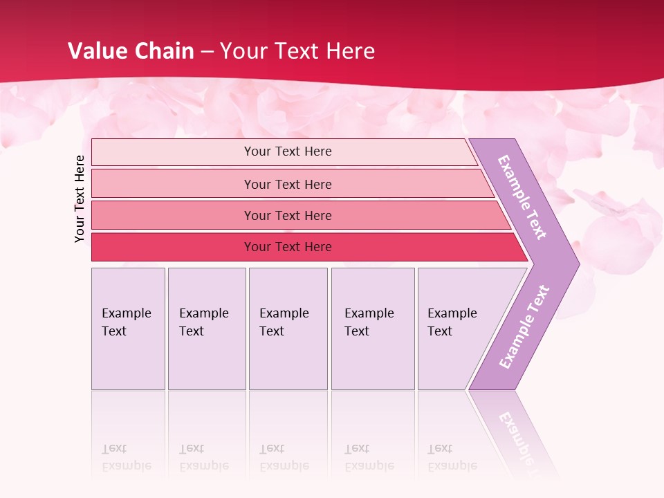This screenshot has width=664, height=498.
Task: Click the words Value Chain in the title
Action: click(x=131, y=51)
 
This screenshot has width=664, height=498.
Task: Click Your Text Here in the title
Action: click(x=297, y=51)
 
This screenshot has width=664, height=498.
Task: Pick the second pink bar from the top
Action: click(x=173, y=184)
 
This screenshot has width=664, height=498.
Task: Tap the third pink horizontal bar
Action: click(x=173, y=215)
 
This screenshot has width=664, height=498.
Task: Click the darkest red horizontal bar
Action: click(x=173, y=247)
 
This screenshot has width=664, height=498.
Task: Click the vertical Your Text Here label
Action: click(x=80, y=199)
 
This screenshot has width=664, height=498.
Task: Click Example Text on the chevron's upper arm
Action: click(x=522, y=197)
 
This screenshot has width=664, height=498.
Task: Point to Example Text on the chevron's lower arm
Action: click(x=524, y=327)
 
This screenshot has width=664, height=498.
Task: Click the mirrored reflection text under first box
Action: click(x=127, y=457)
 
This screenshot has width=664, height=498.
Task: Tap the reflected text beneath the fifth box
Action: click(x=452, y=457)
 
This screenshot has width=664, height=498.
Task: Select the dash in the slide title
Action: click(x=207, y=52)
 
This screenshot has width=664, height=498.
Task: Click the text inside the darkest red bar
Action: click(x=288, y=247)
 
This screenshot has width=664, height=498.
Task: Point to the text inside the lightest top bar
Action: click(x=288, y=151)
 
